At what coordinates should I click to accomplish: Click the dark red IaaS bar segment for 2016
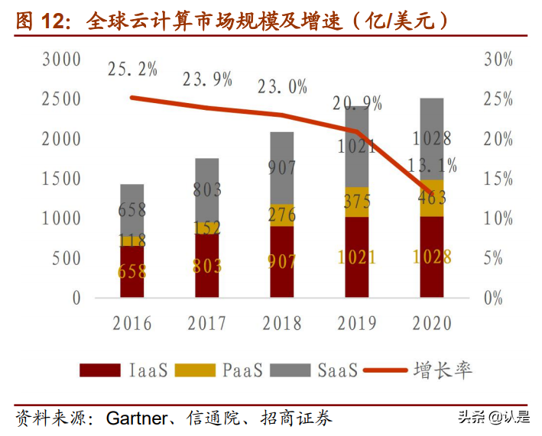click(x=131, y=271)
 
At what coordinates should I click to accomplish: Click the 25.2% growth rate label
click(x=132, y=69)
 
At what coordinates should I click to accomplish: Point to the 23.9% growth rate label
click(x=207, y=79)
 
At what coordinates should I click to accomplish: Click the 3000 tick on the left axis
click(x=61, y=59)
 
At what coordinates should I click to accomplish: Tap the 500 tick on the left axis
click(x=66, y=257)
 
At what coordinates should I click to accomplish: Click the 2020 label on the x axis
click(x=432, y=323)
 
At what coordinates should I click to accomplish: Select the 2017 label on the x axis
click(x=207, y=323)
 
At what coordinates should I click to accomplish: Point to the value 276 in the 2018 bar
click(x=282, y=214)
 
